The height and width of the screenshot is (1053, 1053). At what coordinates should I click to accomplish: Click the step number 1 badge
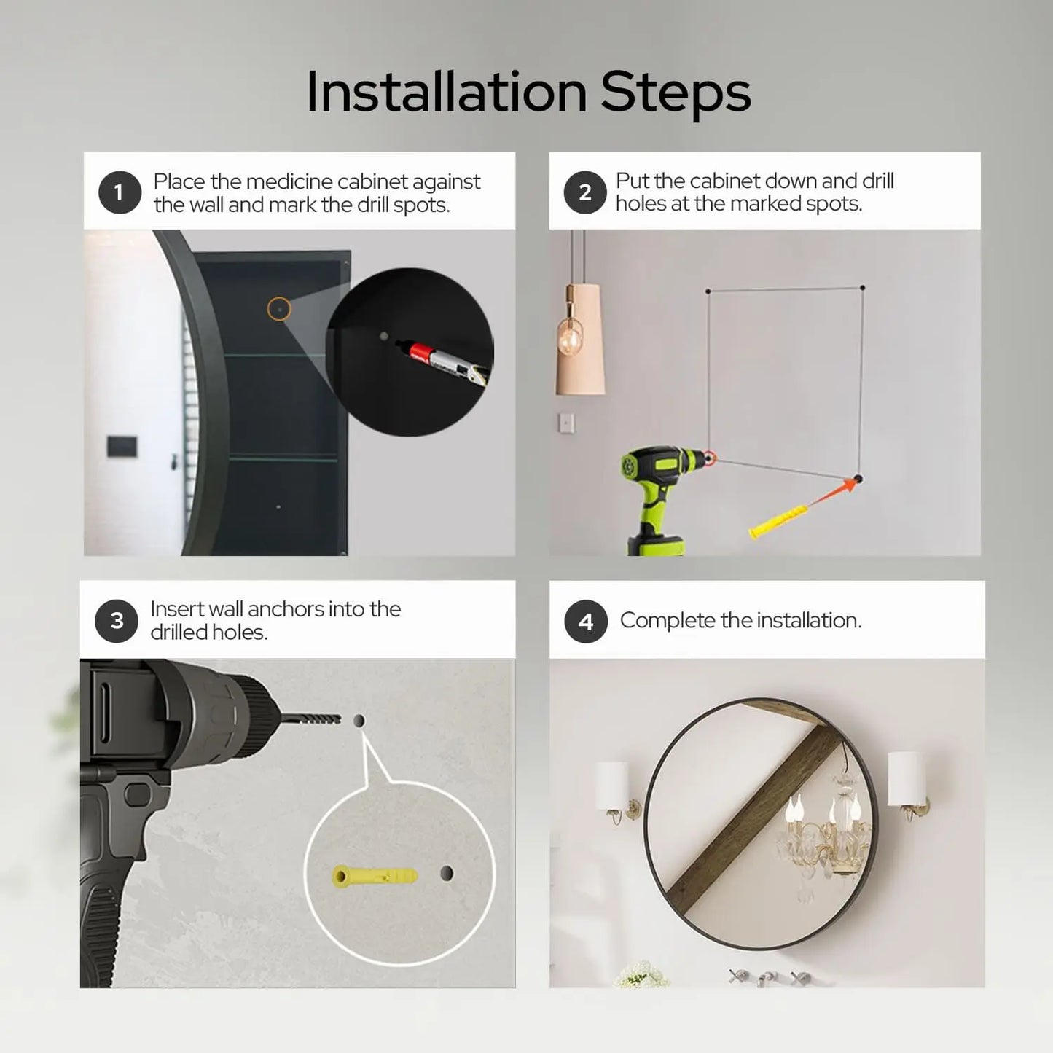pos(120,192)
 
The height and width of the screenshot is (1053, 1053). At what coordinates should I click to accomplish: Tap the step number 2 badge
pos(585,192)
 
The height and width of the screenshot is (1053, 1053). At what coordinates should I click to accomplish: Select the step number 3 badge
pos(117,622)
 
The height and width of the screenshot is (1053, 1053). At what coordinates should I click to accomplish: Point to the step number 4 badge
pos(586,622)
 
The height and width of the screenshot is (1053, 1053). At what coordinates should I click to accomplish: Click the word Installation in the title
pos(447,92)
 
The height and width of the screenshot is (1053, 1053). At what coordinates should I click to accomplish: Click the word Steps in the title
pos(676,95)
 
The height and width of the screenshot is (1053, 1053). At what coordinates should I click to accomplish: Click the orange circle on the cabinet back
pos(278,309)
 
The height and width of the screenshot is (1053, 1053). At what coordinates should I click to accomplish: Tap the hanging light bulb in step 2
pos(570,338)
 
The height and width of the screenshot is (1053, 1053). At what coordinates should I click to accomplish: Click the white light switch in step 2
pos(566,423)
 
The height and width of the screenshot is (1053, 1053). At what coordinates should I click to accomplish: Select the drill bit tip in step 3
pos(339,719)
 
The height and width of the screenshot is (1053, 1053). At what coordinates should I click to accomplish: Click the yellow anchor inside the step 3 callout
pos(375,876)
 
